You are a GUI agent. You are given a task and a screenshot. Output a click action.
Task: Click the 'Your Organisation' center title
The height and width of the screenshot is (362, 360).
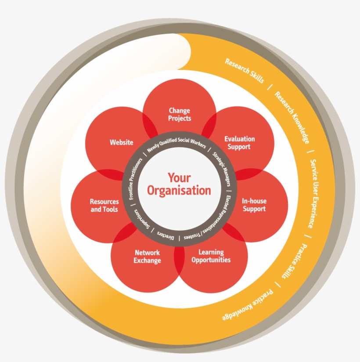(179, 184)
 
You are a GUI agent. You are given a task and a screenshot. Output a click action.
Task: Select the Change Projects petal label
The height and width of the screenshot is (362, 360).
(180, 114)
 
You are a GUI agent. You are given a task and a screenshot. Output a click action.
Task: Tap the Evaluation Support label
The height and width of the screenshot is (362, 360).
(239, 143)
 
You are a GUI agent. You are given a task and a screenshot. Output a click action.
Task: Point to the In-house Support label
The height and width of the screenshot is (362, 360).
(254, 205)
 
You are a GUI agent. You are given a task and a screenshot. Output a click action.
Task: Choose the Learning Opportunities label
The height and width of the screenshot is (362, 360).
(211, 256)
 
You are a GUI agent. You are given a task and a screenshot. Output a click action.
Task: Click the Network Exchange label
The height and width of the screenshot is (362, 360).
(147, 257)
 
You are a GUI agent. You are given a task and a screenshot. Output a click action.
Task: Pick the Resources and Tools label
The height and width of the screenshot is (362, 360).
(104, 206)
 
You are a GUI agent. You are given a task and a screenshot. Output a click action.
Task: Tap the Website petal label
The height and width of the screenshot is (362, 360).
(121, 142)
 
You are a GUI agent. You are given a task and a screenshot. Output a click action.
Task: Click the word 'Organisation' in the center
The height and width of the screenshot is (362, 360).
(179, 190)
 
